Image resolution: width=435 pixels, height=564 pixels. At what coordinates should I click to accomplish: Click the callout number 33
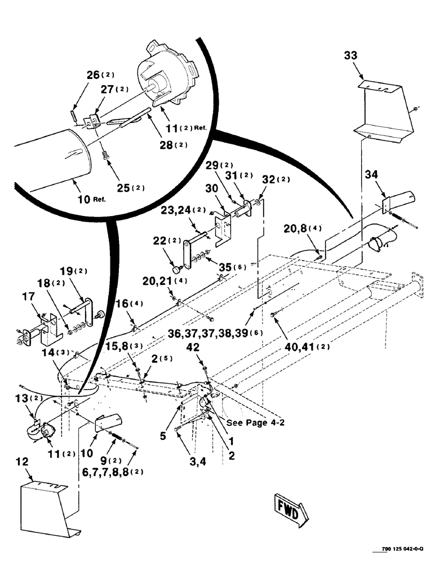point(351,56)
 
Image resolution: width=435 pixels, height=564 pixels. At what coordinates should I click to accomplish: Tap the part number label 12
point(22,462)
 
